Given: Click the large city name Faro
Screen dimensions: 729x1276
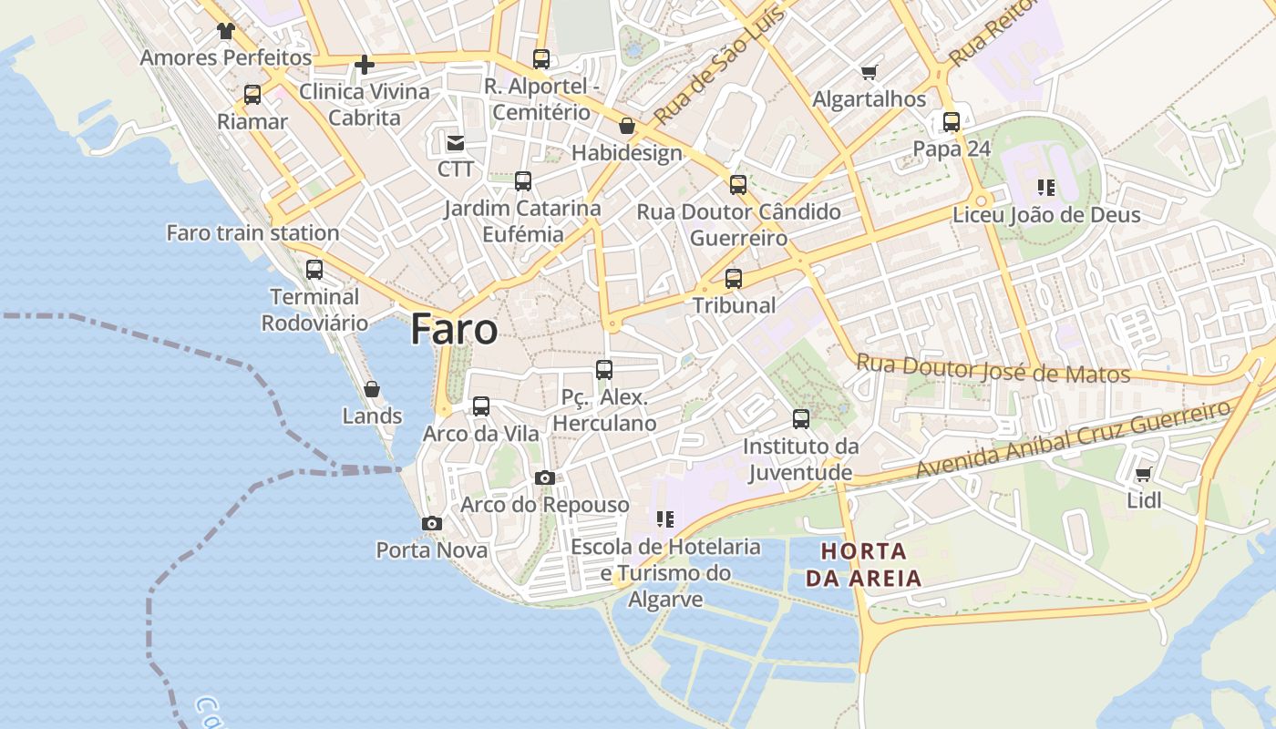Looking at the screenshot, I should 454,329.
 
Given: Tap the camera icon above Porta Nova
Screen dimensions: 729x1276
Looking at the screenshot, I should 432,524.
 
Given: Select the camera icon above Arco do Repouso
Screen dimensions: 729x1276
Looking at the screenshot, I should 545,478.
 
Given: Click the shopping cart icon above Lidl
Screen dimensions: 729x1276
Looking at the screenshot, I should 1144,474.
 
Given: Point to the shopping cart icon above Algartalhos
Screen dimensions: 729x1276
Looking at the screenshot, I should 869,72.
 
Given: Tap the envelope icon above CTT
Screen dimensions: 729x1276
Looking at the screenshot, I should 455,142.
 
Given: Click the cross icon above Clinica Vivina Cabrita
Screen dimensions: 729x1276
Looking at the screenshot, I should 365,65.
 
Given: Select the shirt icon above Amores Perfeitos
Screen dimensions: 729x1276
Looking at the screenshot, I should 226,31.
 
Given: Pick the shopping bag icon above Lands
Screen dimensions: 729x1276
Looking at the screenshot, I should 372,390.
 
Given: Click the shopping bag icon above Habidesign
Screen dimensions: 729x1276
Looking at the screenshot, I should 626,126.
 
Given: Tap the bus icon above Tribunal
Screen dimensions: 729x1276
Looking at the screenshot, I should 734,279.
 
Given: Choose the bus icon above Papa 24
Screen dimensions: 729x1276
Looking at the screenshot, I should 952,122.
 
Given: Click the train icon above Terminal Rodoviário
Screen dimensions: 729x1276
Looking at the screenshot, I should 314,270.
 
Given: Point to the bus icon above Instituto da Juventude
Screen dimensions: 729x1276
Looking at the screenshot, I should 801,419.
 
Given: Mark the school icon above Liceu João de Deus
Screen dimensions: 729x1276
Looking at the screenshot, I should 1046,188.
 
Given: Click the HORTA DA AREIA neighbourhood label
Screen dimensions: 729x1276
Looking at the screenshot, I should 863,564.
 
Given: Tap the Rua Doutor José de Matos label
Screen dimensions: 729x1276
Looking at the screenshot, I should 993,368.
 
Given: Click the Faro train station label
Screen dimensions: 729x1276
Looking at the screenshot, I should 252,233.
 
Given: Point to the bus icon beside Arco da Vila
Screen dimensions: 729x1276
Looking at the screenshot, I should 481,406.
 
